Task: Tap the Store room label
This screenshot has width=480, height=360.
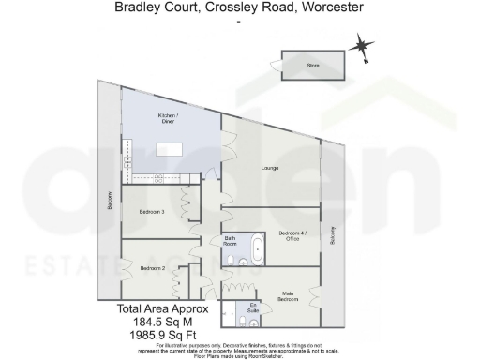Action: click(313, 66)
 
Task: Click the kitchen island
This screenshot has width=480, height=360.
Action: click(170, 148)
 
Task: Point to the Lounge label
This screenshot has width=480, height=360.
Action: click(269, 169)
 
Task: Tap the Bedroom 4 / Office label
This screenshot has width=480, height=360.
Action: click(292, 235)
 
